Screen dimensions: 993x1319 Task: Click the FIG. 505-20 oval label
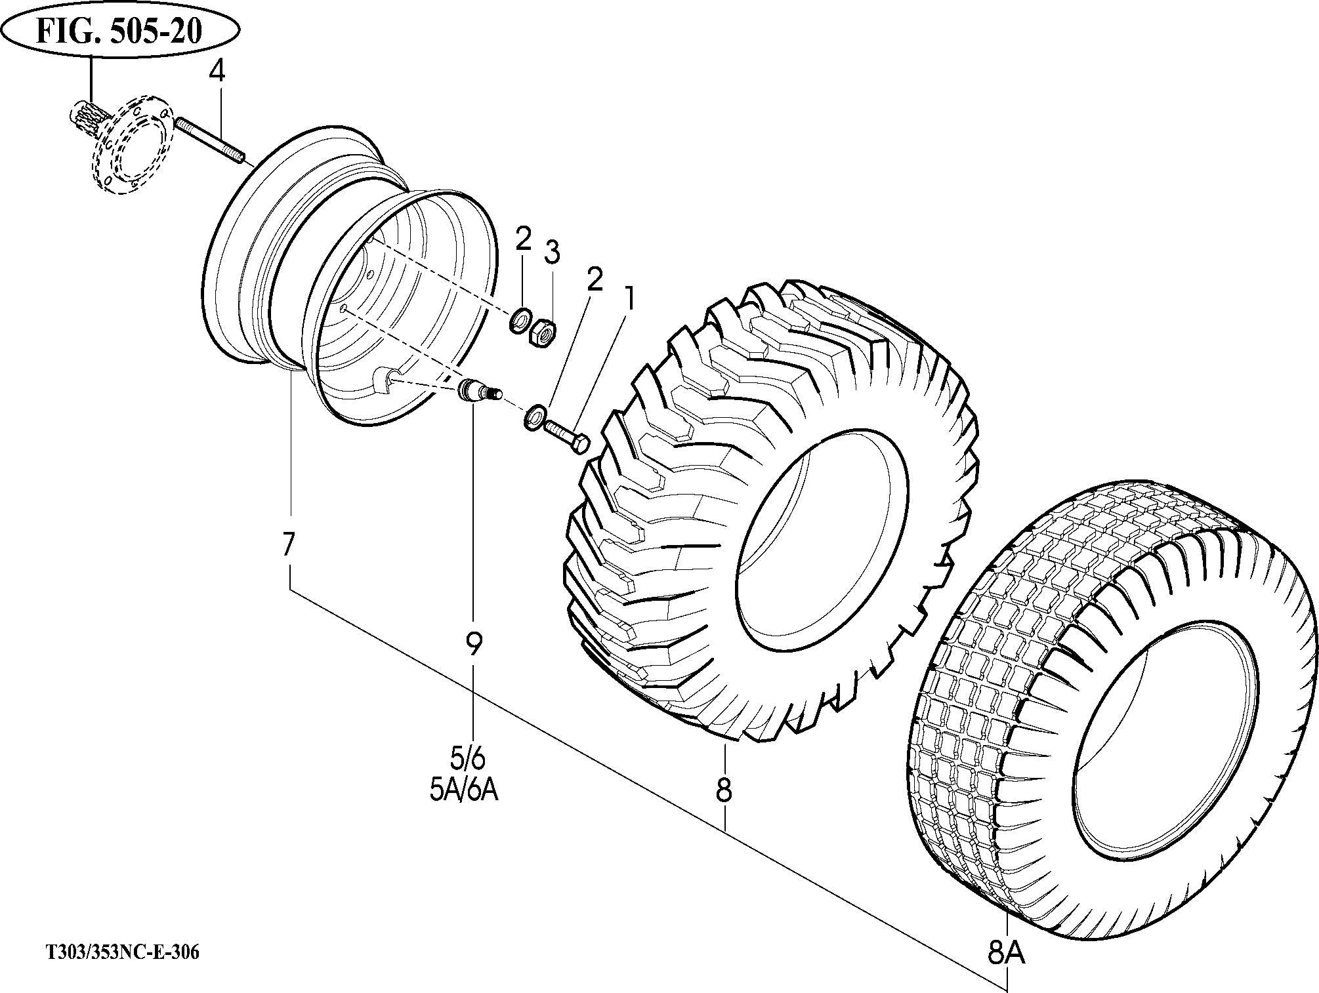tap(119, 31)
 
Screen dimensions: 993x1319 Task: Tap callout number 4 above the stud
tap(217, 71)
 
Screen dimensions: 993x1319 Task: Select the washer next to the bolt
tap(534, 417)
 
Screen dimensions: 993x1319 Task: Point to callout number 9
tap(473, 644)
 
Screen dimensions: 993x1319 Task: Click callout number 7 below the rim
tap(288, 545)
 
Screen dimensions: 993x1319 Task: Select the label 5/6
tap(468, 759)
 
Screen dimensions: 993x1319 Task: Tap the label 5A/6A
tap(465, 791)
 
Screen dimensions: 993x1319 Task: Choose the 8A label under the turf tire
tap(1006, 954)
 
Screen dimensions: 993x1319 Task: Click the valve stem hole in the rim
tap(383, 379)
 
